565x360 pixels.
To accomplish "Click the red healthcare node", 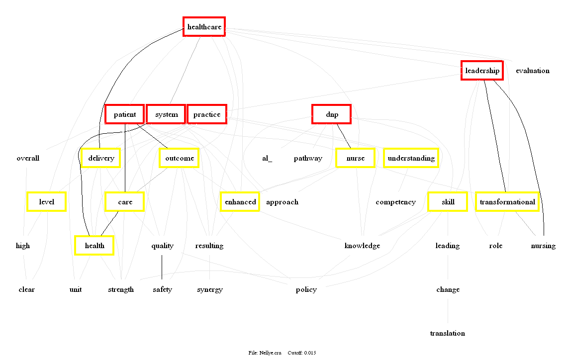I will pyautogui.click(x=204, y=27).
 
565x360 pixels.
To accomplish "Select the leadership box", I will pyautogui.click(x=482, y=71).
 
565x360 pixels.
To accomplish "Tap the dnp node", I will pyautogui.click(x=332, y=114).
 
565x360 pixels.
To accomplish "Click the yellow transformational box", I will pyautogui.click(x=507, y=202).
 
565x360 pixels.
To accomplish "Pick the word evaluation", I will pyautogui.click(x=532, y=71).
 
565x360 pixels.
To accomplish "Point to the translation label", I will pyautogui.click(x=447, y=333).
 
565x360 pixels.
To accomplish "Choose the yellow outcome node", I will pyautogui.click(x=180, y=158).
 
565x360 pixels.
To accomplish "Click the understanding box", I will pyautogui.click(x=411, y=158).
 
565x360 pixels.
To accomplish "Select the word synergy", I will pyautogui.click(x=209, y=289).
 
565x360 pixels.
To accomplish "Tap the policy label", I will pyautogui.click(x=306, y=289).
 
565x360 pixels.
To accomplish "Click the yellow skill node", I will pyautogui.click(x=448, y=202).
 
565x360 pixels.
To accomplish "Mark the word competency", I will pyautogui.click(x=395, y=202).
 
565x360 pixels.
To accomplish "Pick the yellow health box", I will pyautogui.click(x=94, y=246).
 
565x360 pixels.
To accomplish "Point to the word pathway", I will pyautogui.click(x=308, y=158).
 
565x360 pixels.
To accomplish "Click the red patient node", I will pyautogui.click(x=124, y=114).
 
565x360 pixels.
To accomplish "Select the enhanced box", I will pyautogui.click(x=240, y=202).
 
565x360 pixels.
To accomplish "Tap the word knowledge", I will pyautogui.click(x=362, y=246).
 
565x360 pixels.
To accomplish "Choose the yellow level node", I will pyautogui.click(x=46, y=202).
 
